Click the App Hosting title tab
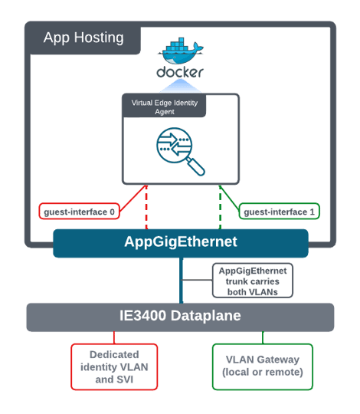(x=83, y=38)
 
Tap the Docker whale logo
(x=181, y=51)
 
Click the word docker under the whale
(x=180, y=72)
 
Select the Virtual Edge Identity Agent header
(x=164, y=106)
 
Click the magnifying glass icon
(x=180, y=151)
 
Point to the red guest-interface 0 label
(x=79, y=212)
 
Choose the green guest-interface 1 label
(x=279, y=212)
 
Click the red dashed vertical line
(x=146, y=207)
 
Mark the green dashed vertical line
(x=221, y=207)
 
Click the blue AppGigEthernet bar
(x=181, y=243)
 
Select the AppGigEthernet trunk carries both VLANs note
(x=253, y=281)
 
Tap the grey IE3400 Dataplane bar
(x=180, y=317)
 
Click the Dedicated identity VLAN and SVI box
(x=114, y=366)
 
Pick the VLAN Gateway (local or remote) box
(x=263, y=366)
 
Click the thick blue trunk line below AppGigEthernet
(x=182, y=281)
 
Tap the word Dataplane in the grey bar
(x=206, y=316)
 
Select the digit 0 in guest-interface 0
(x=112, y=212)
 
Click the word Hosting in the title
(x=99, y=38)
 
